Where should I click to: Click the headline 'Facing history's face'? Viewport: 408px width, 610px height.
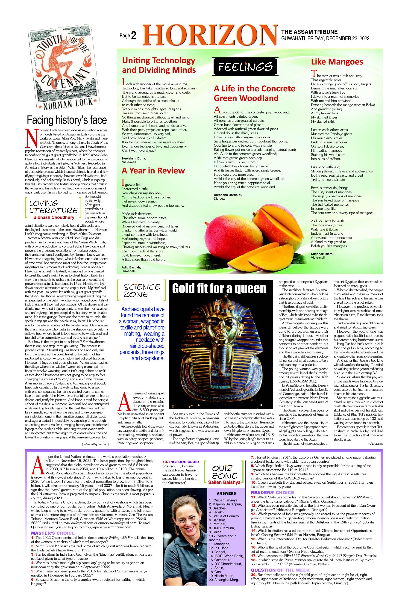pos(67,120)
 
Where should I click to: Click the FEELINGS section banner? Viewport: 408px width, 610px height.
pos(245,66)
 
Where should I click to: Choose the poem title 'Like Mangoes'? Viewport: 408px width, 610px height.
pos(337,62)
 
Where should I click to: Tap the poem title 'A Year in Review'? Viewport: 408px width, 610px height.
pos(153,171)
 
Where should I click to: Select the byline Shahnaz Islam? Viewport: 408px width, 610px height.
pos(322,254)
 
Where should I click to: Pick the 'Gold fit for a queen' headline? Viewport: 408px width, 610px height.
pos(219,288)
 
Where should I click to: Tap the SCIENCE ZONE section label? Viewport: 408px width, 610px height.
pos(142,290)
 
